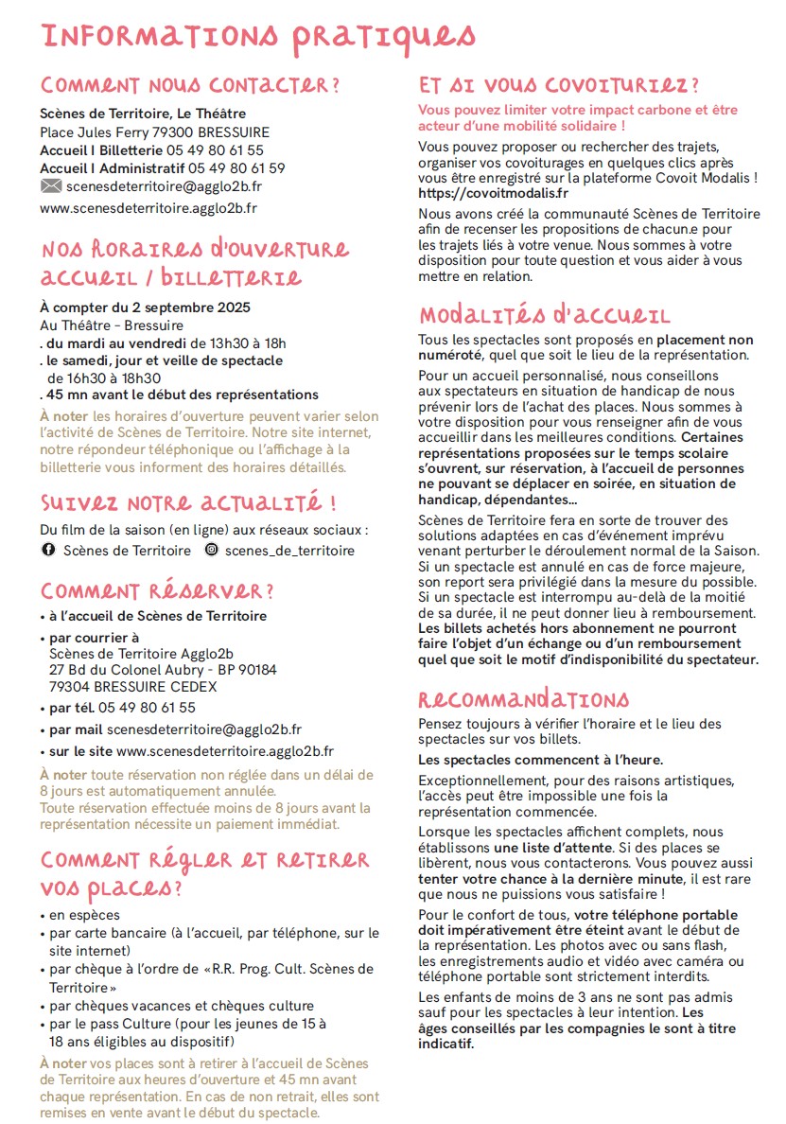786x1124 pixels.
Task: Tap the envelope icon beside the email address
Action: pos(50,186)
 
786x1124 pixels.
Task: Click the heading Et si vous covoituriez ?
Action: pos(559,85)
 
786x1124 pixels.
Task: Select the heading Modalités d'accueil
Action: pos(544,315)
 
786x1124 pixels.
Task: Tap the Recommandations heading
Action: pos(523,700)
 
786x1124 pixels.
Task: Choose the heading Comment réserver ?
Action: pos(157,591)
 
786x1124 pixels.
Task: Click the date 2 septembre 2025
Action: pos(196,307)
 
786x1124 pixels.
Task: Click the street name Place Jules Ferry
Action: pos(95,132)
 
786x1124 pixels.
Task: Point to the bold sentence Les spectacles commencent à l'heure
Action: pos(540,760)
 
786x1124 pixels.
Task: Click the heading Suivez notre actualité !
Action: pos(189,501)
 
